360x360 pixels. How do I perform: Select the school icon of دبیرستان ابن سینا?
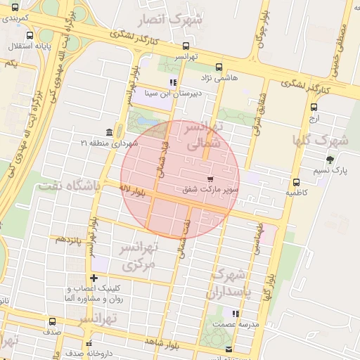point(173,82)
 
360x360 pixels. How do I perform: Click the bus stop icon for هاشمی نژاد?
point(219,67)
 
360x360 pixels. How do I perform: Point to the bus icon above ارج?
point(314,108)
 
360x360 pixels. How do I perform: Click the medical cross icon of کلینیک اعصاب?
point(94,278)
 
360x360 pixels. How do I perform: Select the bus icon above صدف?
point(51,321)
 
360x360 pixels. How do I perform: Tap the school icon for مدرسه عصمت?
point(236,314)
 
